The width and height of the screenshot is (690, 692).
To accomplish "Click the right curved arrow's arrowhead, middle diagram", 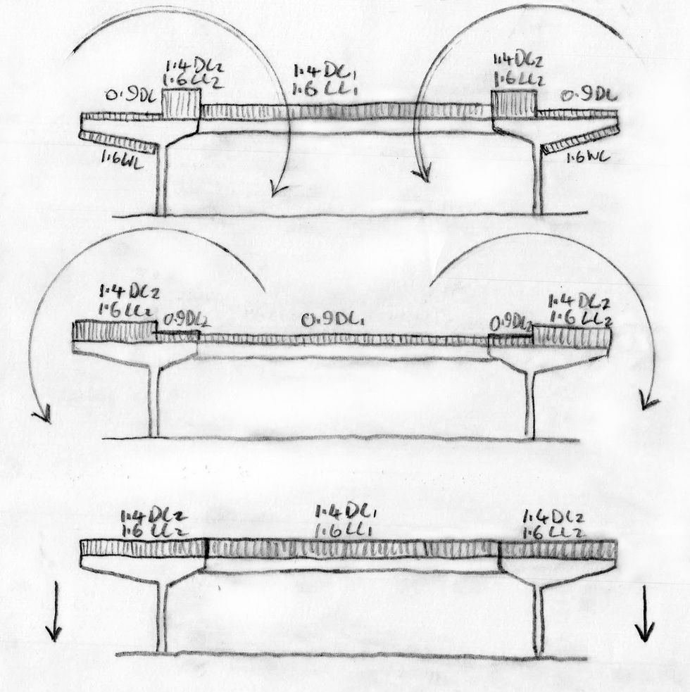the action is [646, 403].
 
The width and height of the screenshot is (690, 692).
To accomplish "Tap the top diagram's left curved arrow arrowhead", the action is [273, 189].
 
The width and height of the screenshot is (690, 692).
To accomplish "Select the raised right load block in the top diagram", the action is [513, 103].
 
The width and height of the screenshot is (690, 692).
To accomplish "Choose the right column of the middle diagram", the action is [530, 408].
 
